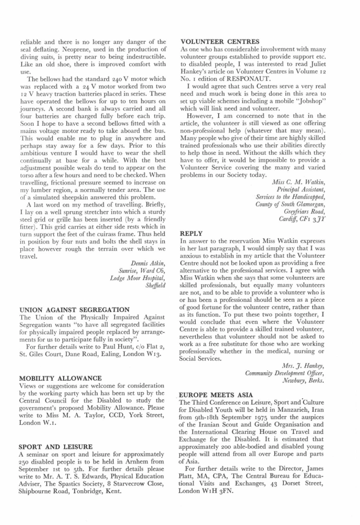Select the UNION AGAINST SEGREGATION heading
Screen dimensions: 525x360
click(x=74, y=310)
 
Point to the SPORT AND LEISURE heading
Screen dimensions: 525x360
click(x=55, y=447)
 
